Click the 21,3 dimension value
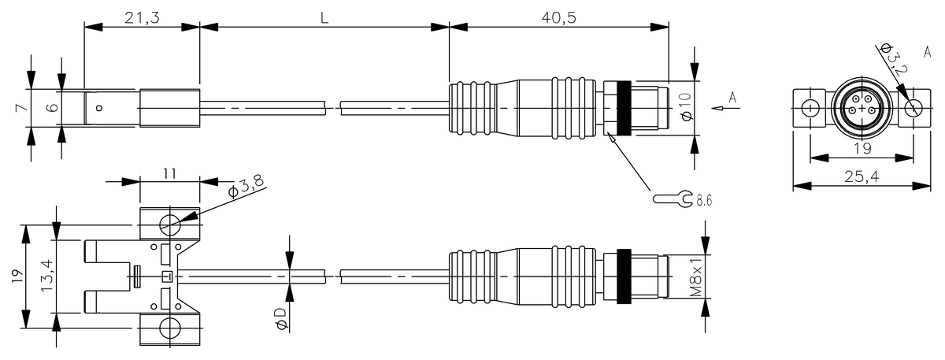[x=143, y=18]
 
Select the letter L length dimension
[x=324, y=18]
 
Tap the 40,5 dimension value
[x=558, y=18]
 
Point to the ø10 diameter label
[x=687, y=106]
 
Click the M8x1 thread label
[x=696, y=276]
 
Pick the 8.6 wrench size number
[x=704, y=200]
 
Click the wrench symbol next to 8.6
[x=673, y=199]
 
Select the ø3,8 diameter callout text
[x=246, y=186]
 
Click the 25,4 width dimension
[x=862, y=176]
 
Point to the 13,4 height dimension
[x=46, y=275]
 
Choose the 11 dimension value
[x=169, y=174]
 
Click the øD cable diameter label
[x=281, y=318]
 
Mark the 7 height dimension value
[x=22, y=108]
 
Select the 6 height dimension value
[x=52, y=108]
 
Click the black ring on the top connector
[x=624, y=109]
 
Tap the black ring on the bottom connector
[x=624, y=276]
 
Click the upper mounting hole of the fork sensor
[x=170, y=224]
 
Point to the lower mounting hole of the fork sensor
[x=170, y=328]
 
